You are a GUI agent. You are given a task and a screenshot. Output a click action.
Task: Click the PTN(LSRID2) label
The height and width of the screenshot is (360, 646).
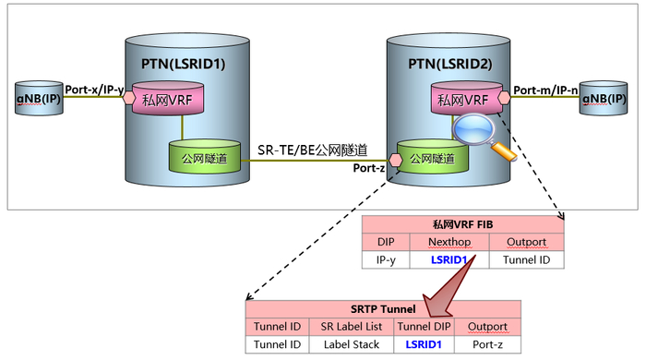[x=445, y=65]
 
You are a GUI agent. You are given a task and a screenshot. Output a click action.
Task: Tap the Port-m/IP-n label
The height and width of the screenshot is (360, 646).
[x=545, y=90]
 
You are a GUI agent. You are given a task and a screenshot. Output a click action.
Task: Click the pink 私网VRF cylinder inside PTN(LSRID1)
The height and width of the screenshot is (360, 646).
[x=168, y=98]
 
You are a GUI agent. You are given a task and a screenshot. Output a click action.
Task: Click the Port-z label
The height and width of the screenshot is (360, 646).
[x=369, y=168]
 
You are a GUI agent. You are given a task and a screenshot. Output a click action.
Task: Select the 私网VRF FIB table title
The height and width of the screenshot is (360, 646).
[x=462, y=224]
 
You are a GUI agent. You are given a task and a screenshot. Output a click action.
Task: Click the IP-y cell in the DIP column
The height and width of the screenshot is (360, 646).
[x=385, y=260]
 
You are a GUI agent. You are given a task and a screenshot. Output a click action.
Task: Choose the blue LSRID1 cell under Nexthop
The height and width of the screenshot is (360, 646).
[x=450, y=260]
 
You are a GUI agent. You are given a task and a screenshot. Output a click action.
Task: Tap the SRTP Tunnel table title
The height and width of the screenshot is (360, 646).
[x=383, y=309]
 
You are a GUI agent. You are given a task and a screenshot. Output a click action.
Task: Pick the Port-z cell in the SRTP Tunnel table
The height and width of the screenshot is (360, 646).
[x=487, y=344]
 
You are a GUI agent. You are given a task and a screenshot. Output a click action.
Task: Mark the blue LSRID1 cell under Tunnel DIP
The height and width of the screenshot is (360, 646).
[x=424, y=344]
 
